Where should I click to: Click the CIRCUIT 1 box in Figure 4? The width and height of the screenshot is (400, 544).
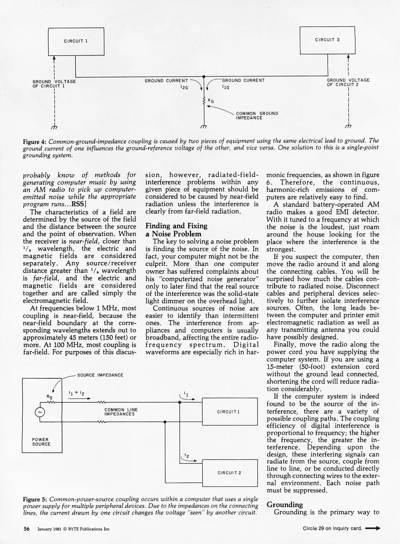point(76,42)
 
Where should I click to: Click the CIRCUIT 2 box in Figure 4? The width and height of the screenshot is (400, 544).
point(327,40)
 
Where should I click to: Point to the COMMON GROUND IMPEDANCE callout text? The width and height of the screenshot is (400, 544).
point(257,116)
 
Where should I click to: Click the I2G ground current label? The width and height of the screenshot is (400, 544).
point(185,88)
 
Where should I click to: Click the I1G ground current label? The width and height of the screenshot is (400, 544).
point(226,87)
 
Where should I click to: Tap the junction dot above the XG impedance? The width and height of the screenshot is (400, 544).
point(204,77)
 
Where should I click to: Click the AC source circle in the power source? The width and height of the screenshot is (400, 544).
point(40,412)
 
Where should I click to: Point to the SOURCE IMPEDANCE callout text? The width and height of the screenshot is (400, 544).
point(100,375)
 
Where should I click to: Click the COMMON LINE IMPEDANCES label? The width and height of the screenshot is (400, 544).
point(121,412)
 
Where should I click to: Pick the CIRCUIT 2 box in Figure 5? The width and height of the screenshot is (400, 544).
point(230,473)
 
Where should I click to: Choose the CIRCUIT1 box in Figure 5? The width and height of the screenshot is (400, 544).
point(230,412)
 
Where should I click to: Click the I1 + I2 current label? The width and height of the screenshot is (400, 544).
point(76,393)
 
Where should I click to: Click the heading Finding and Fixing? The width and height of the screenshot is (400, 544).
point(176,226)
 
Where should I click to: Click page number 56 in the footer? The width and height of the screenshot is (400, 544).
point(26,529)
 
